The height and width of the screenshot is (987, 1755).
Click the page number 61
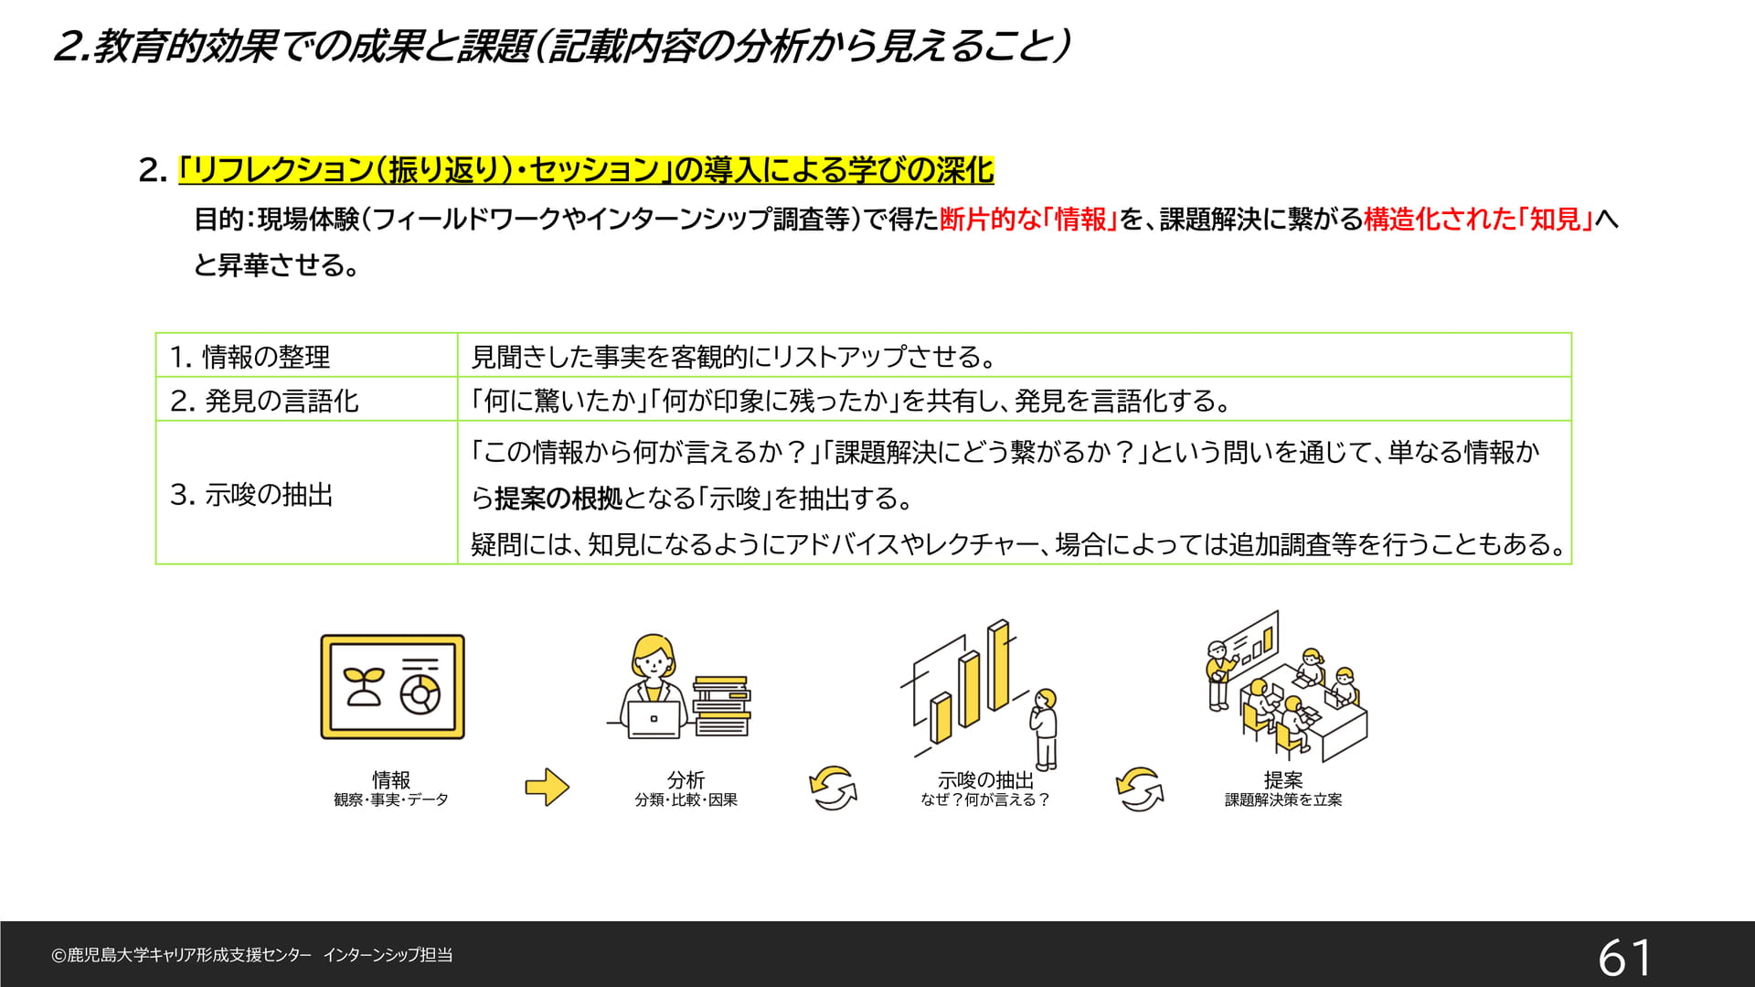[1624, 958]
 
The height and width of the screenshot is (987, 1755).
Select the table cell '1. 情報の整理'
[306, 355]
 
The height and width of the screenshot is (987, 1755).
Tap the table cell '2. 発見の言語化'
[306, 399]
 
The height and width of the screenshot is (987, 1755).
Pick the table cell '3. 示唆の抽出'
[306, 493]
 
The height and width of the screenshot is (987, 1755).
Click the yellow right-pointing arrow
[547, 787]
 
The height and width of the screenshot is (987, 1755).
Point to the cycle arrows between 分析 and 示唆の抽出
[833, 788]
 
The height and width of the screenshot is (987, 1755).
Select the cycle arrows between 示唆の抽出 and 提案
[1139, 789]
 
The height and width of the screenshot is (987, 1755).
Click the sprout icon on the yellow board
[362, 686]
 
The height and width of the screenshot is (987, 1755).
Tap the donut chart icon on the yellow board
[420, 692]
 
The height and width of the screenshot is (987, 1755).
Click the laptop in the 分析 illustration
[654, 718]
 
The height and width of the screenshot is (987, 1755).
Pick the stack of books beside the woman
[722, 705]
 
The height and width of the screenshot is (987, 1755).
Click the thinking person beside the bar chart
[1045, 729]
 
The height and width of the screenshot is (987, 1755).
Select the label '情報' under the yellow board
[391, 779]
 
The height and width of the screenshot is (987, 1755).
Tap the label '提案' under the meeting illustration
[1283, 779]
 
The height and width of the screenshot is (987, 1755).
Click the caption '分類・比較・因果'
[686, 799]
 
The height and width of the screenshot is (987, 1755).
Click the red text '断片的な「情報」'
[1029, 219]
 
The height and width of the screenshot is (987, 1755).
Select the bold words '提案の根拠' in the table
[558, 499]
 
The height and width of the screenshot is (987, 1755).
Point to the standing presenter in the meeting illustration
[1218, 675]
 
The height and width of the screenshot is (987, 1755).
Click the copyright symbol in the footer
[58, 956]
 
